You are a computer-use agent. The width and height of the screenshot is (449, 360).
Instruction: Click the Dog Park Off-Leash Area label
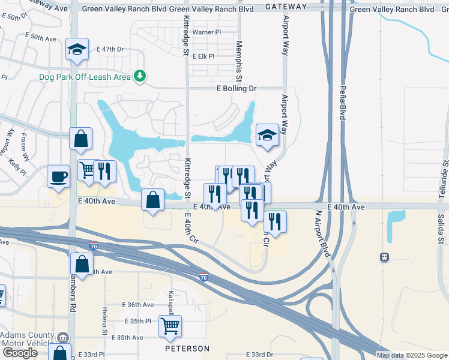click(85, 77)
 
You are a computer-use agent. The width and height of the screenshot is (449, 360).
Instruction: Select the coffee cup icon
click(59, 176)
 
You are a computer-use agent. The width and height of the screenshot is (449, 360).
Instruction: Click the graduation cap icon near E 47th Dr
click(77, 50)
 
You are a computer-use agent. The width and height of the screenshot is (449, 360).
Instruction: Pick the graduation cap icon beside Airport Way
click(267, 135)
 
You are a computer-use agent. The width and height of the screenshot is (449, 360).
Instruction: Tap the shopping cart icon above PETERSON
click(170, 326)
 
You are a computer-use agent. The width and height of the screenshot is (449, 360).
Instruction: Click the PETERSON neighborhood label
click(188, 349)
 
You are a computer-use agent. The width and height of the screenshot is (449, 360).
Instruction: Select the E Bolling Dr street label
click(236, 88)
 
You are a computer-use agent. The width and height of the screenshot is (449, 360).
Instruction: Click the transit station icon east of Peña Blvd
click(384, 257)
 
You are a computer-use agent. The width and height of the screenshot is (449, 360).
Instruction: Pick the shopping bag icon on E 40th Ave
click(153, 200)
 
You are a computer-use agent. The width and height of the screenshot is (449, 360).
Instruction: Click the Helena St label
click(104, 321)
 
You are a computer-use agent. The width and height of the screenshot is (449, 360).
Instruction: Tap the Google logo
click(20, 353)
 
